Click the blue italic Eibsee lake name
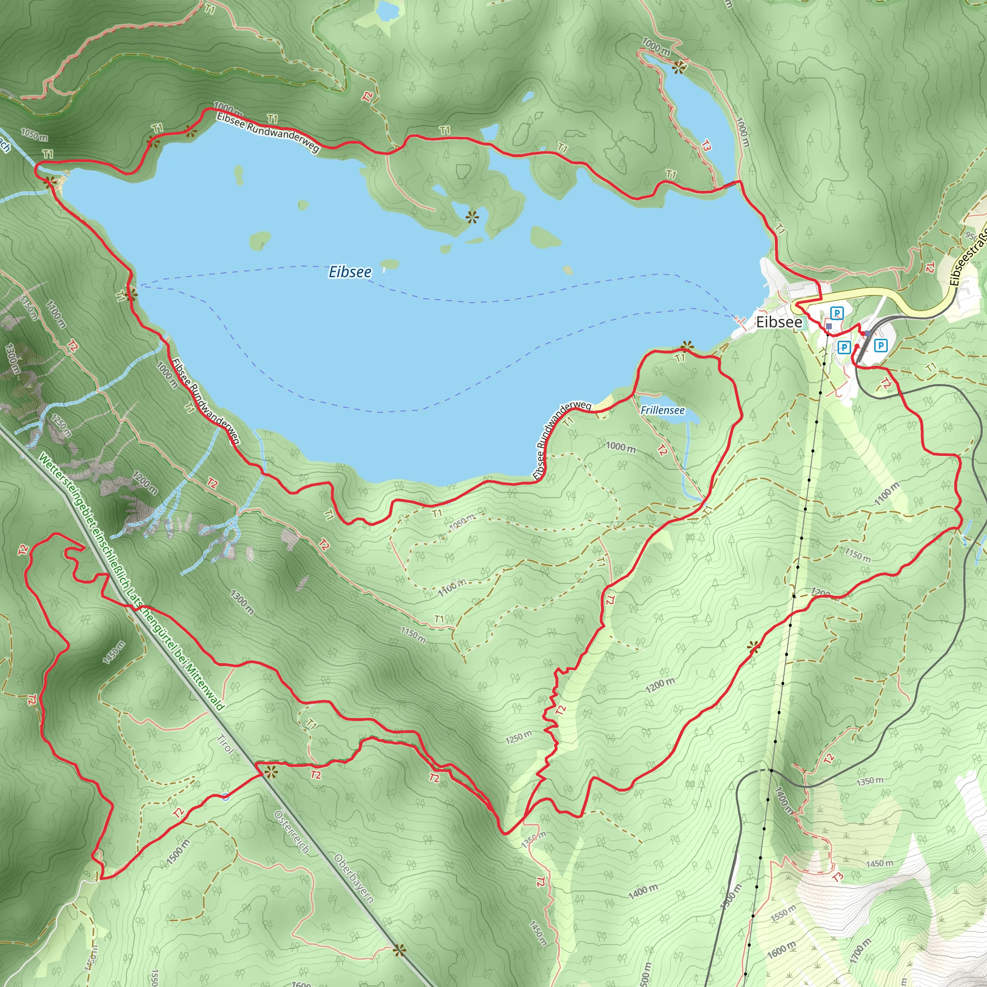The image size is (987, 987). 350,272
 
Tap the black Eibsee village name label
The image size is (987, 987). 779,322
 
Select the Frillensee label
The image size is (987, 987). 662,410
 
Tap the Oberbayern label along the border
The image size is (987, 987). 354,879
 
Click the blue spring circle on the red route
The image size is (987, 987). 225,797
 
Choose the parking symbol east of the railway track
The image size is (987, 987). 881,346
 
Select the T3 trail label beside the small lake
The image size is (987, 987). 706,146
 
